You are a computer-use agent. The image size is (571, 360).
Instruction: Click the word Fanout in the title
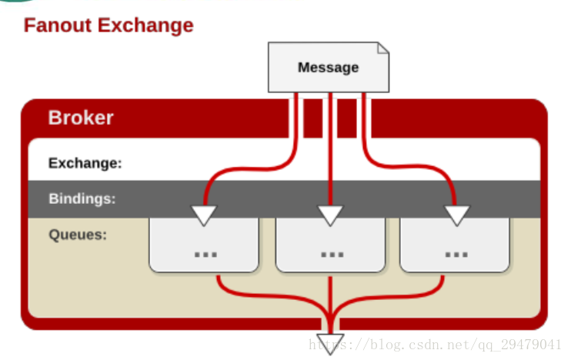point(58,25)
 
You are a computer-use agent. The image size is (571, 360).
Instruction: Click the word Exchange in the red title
point(145,25)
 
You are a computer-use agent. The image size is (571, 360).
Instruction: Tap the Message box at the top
point(329,68)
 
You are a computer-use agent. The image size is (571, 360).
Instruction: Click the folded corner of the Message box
point(383,48)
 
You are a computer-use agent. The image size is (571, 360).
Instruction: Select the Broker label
point(81,118)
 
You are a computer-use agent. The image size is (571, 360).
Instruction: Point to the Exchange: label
point(85,163)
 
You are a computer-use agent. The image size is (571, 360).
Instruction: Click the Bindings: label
point(82,198)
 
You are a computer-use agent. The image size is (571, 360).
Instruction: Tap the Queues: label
point(78,235)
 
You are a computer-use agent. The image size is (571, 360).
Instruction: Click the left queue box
point(204,245)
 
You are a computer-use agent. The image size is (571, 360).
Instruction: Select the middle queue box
point(330,245)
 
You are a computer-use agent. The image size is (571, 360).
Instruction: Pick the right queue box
point(455,245)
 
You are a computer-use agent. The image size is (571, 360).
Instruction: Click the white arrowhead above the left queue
point(204,215)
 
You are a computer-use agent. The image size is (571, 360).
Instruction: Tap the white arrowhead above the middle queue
point(330,215)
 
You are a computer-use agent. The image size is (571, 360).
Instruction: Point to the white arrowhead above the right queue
point(457,215)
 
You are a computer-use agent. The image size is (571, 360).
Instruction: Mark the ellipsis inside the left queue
point(205,255)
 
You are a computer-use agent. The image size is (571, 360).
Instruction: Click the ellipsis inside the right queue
point(456,255)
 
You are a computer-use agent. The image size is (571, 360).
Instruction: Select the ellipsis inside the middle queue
point(332,255)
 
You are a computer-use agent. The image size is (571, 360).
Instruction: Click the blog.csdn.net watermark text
point(435,345)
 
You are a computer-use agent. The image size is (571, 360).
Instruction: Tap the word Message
point(329,68)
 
